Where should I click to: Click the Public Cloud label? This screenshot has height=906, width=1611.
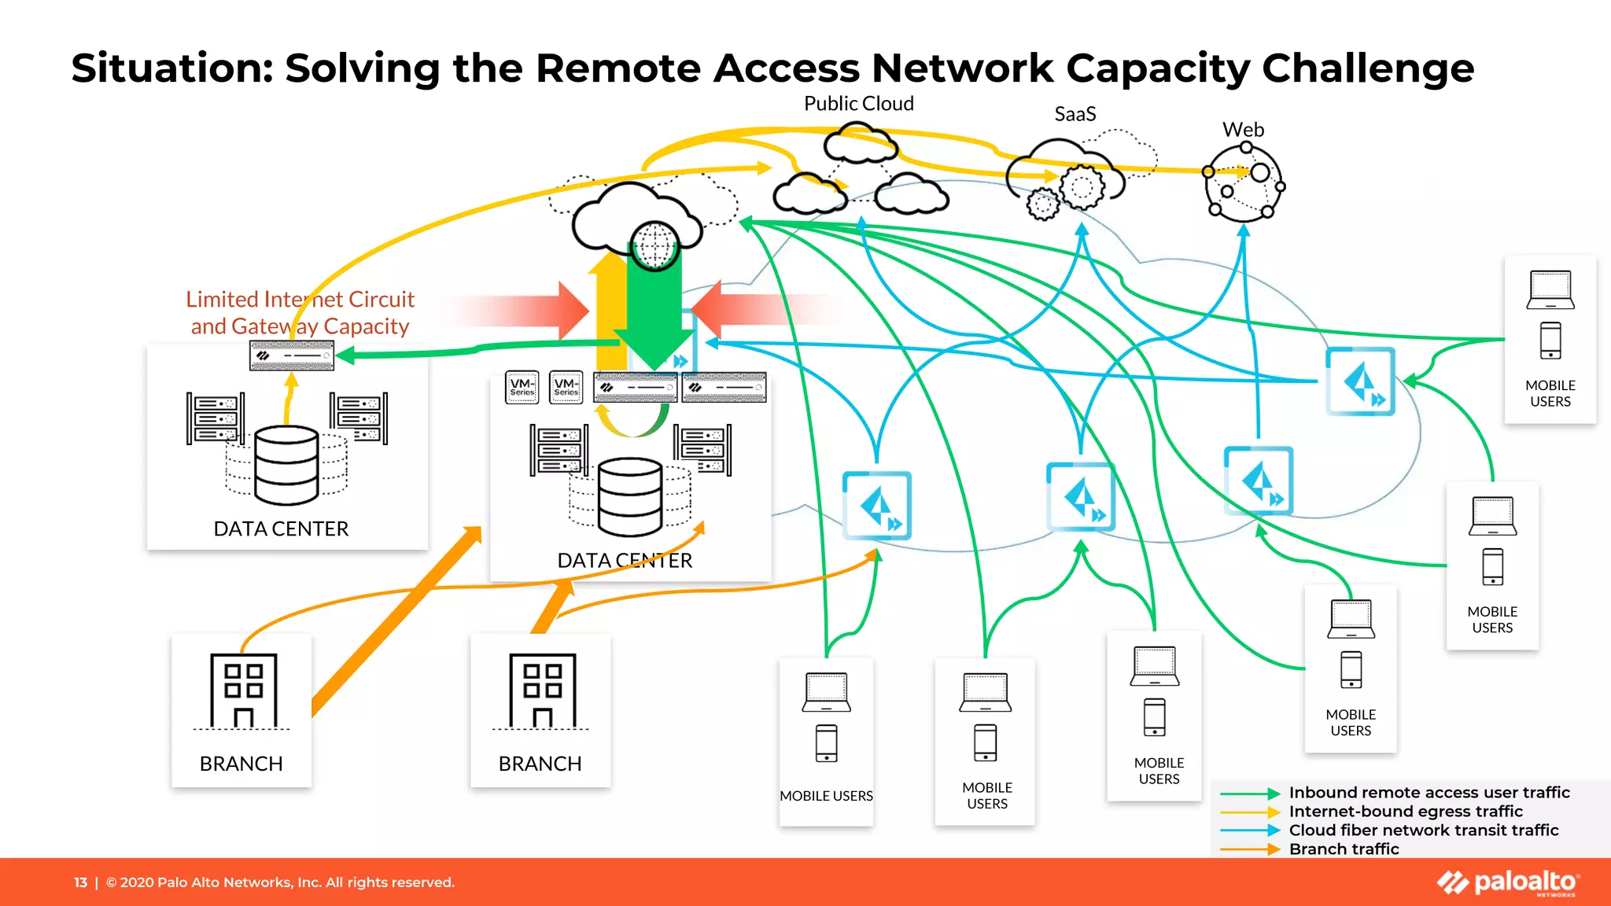[858, 104]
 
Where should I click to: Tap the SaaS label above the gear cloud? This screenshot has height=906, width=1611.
[1075, 114]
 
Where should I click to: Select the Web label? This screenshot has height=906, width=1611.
[1243, 130]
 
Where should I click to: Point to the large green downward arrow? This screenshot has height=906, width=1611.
[654, 315]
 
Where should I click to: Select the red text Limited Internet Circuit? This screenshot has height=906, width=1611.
[300, 300]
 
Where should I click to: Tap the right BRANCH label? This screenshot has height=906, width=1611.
[540, 764]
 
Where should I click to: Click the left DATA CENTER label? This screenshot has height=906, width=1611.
[281, 528]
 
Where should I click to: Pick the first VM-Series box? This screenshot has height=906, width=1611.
[522, 388]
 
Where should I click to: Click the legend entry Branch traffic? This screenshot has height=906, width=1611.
[1344, 849]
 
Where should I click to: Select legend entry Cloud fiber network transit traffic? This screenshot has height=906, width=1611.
[1423, 830]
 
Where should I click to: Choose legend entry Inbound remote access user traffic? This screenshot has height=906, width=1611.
[1429, 793]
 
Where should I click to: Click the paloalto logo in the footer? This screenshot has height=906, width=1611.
[1508, 882]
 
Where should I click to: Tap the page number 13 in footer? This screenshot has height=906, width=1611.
[80, 882]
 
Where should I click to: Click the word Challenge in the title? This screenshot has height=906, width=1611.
[1367, 68]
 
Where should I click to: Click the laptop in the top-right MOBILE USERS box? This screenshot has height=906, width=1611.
[1550, 290]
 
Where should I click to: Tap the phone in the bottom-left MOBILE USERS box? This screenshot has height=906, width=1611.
[826, 743]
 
